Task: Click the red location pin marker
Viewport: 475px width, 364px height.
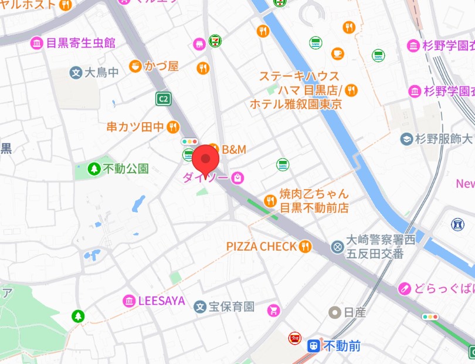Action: click(x=205, y=159)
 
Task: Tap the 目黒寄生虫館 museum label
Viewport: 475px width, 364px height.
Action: click(x=80, y=43)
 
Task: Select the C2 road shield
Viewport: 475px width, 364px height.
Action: click(x=163, y=99)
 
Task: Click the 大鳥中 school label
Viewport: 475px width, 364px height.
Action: click(x=101, y=73)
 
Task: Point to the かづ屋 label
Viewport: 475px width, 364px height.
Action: click(x=161, y=66)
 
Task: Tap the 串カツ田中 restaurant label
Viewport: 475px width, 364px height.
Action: click(x=135, y=126)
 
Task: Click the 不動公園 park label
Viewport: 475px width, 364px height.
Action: click(x=125, y=168)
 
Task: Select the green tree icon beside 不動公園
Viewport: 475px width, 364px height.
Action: click(x=94, y=169)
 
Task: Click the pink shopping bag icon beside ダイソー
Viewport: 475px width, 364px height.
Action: click(x=237, y=177)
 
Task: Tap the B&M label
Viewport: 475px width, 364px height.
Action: click(x=233, y=150)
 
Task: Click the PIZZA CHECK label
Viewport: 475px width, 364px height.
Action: click(x=262, y=247)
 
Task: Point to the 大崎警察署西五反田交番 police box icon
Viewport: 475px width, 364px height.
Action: click(x=337, y=247)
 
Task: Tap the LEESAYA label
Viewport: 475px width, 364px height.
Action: click(x=161, y=301)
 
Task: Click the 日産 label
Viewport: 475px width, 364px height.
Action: click(x=355, y=312)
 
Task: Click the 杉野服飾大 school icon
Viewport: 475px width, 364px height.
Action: click(x=406, y=139)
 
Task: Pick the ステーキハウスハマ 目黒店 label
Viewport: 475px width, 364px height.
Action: click(x=299, y=83)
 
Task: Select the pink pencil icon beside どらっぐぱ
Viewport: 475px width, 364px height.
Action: click(x=404, y=288)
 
